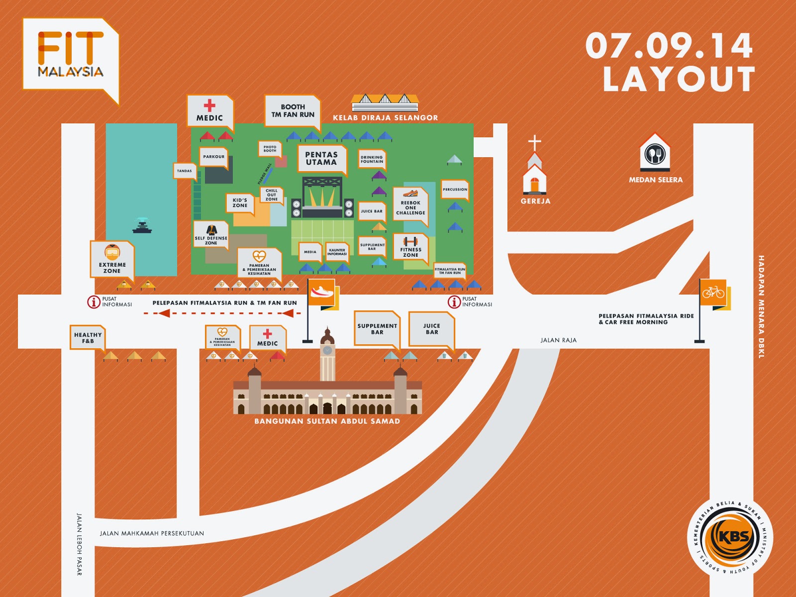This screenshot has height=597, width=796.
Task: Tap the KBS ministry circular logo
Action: coord(730,538)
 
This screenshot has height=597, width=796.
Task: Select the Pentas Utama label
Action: coord(321,159)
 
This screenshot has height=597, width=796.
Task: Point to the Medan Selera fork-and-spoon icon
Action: coord(655,154)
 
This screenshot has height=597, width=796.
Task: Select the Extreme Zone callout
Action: coord(112,259)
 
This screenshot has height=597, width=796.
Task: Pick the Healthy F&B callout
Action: coord(88,338)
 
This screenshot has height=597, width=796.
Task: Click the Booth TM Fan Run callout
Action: coord(293,110)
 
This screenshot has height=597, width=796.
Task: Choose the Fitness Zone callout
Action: coord(410,247)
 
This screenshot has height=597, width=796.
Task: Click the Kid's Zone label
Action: coord(240,202)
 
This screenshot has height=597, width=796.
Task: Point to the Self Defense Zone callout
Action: coord(211,235)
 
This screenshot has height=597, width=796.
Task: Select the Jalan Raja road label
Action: coord(558,340)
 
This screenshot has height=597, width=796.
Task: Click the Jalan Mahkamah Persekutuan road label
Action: coord(152,533)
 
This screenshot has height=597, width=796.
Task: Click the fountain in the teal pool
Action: coord(142,226)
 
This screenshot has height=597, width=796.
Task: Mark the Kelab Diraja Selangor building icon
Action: coord(385,102)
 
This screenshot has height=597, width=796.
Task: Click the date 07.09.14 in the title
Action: coord(669,46)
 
